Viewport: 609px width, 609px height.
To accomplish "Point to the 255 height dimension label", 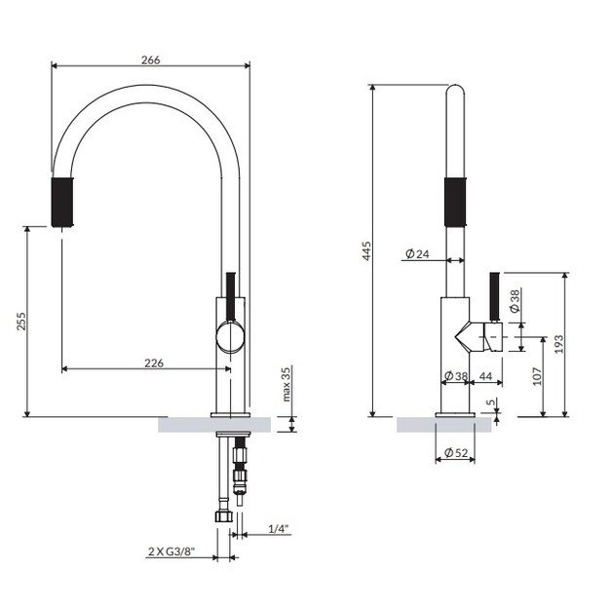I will (22, 322).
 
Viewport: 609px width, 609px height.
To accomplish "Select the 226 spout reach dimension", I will (153, 362).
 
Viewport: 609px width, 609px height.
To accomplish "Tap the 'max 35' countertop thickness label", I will (286, 385).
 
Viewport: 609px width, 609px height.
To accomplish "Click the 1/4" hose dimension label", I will (279, 529).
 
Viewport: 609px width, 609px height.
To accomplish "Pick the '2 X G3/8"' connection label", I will (171, 552).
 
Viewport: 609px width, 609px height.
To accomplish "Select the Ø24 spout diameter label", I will (416, 255).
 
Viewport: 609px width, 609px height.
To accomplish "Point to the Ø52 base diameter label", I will (456, 452).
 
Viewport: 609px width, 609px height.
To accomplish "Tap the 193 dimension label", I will (557, 345).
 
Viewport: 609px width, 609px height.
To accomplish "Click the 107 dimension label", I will (537, 376).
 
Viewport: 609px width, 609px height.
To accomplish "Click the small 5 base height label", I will (490, 400).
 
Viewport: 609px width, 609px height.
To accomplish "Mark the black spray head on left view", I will (61, 202).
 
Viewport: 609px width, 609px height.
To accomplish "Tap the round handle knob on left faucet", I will (230, 337).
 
